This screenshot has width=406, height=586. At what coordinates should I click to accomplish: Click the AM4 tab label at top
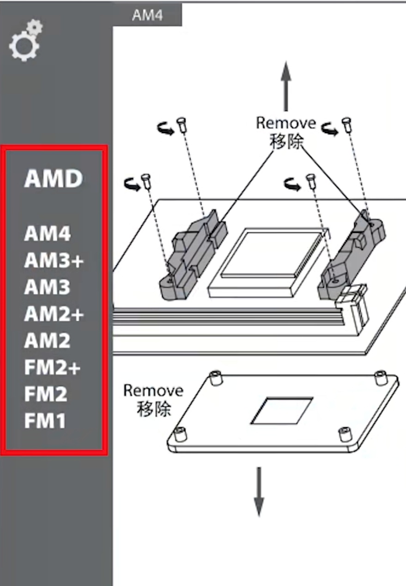click(x=147, y=15)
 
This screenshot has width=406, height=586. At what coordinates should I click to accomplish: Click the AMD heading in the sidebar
click(x=53, y=178)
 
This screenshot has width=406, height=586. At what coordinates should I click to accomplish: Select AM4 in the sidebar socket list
click(x=47, y=233)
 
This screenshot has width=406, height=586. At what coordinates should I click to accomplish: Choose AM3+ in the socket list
click(x=54, y=260)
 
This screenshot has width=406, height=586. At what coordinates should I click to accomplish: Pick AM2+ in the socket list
click(x=54, y=314)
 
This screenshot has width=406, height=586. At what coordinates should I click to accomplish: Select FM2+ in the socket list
click(x=52, y=367)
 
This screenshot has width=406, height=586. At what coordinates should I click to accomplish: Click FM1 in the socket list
click(x=45, y=421)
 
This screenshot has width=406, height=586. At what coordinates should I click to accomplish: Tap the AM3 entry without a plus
click(x=47, y=287)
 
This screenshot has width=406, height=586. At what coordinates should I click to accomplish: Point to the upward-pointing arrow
click(x=286, y=86)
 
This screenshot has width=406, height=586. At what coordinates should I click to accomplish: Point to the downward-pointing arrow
click(x=259, y=492)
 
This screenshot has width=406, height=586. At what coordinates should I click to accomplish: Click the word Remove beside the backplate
click(x=153, y=391)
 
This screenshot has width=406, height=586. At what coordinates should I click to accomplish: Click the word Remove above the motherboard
click(x=286, y=123)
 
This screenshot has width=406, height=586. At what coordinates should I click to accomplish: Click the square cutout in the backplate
click(x=282, y=411)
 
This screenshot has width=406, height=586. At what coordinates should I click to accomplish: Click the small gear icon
click(x=35, y=27)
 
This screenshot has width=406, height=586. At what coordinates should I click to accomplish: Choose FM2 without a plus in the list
click(x=46, y=394)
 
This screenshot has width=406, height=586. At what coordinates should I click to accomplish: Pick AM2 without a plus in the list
click(x=47, y=341)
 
